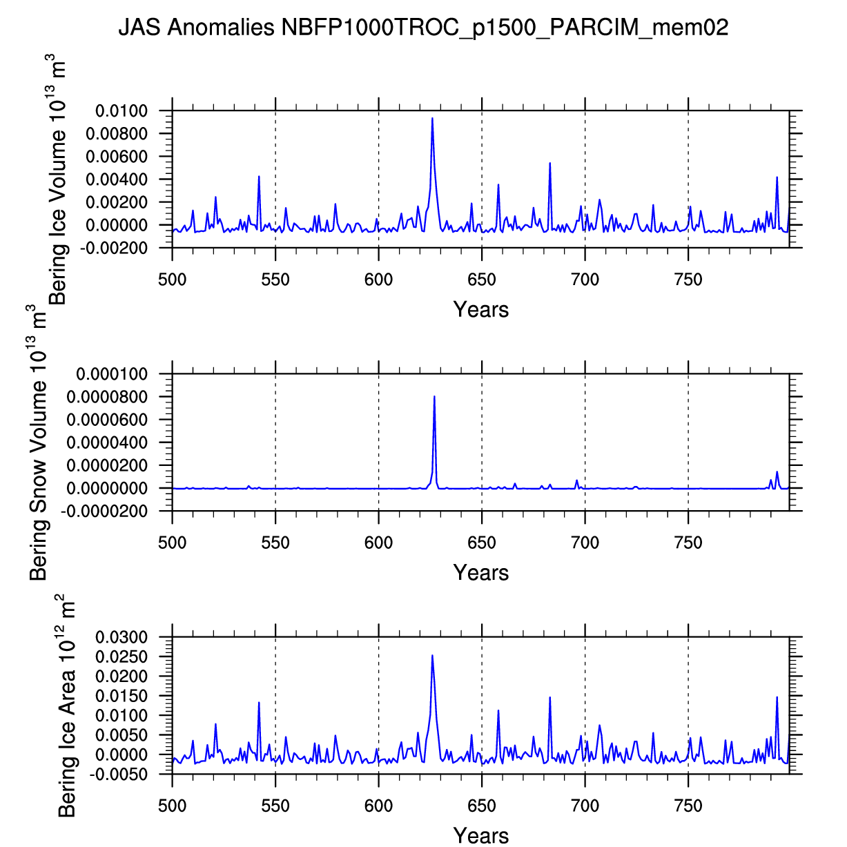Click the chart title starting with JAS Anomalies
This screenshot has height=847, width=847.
(423, 28)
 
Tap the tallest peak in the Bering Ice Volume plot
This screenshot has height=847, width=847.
(432, 119)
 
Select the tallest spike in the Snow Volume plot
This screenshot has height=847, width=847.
(434, 397)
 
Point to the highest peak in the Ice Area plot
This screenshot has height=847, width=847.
(432, 656)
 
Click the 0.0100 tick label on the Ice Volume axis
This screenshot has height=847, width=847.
(122, 111)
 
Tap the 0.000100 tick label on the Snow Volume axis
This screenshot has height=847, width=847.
(112, 374)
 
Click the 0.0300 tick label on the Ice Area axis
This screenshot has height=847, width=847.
(122, 637)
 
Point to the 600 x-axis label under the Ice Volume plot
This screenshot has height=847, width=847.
(378, 280)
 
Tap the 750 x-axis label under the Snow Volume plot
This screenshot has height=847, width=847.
(688, 543)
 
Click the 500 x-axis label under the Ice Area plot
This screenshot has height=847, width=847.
(173, 806)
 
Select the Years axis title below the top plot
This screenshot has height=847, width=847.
(481, 309)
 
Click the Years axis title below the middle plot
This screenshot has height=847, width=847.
(481, 572)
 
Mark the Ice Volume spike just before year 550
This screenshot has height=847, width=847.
(259, 177)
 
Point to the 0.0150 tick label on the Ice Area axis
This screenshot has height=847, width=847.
(122, 696)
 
